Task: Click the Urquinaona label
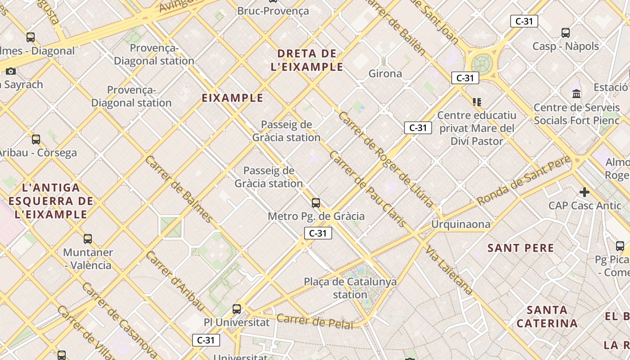(x=460, y=224)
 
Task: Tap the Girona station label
(x=385, y=73)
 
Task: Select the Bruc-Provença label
(x=273, y=11)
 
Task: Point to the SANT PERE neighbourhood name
(x=521, y=248)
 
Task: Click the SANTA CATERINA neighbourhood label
(x=547, y=317)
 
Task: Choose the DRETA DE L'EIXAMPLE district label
(x=307, y=60)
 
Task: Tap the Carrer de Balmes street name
(x=179, y=189)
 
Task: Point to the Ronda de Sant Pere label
(x=524, y=180)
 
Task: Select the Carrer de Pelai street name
(x=315, y=321)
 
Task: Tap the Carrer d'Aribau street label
(x=175, y=281)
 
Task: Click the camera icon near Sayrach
(x=11, y=71)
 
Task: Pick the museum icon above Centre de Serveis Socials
(x=576, y=94)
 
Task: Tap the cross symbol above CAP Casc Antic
(x=584, y=192)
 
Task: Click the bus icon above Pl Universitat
(x=237, y=309)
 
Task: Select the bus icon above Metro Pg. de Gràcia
(x=316, y=202)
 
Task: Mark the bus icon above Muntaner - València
(x=88, y=238)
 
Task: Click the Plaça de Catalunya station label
(x=350, y=288)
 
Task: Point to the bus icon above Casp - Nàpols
(x=566, y=32)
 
